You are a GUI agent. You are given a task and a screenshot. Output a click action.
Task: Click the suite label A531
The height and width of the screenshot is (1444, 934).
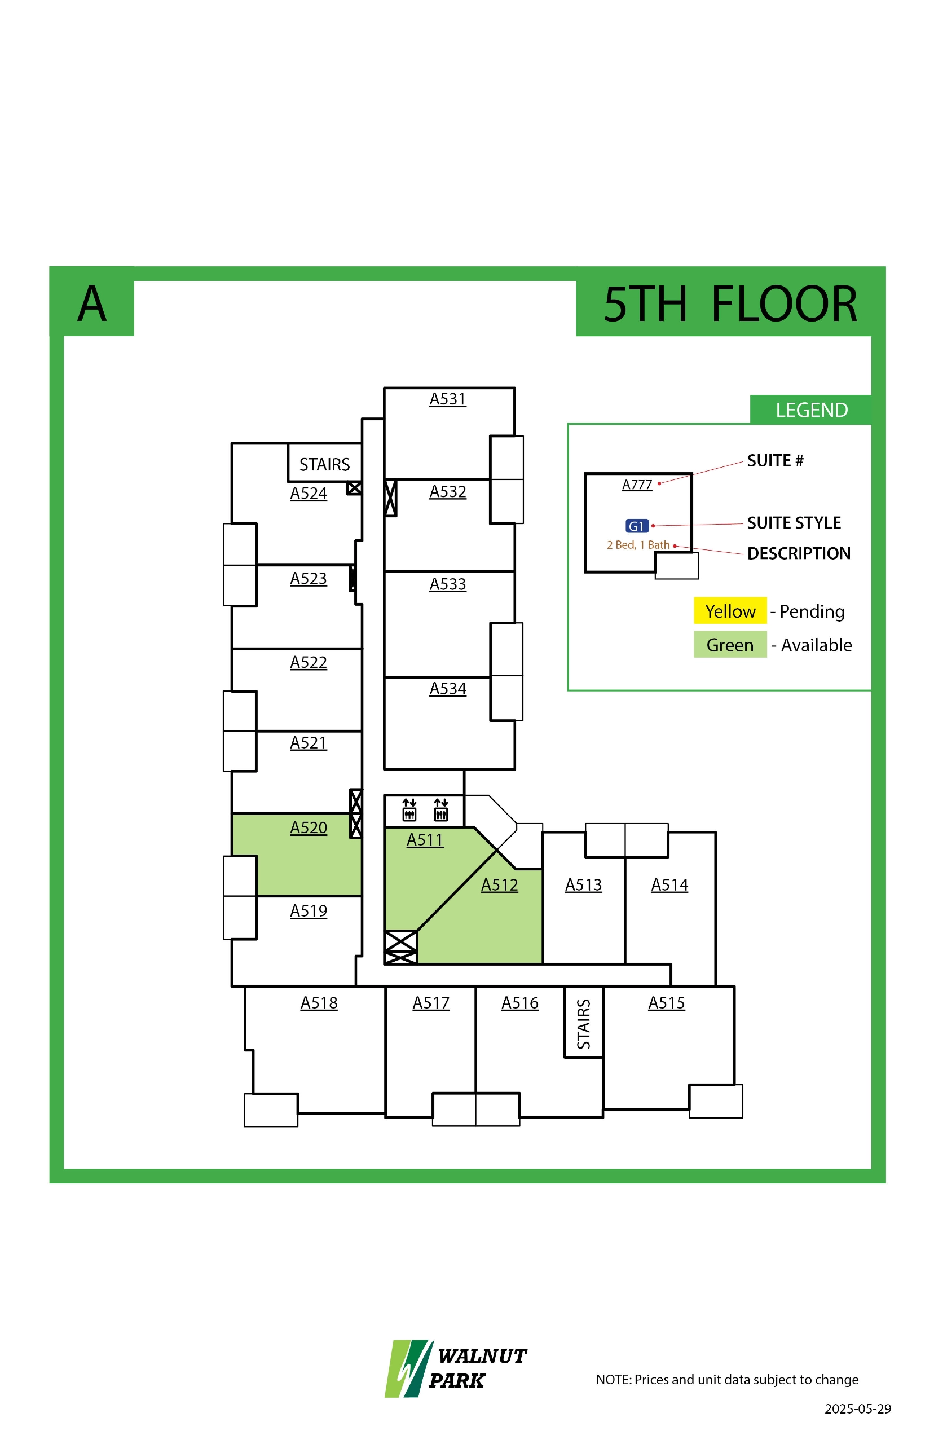(x=448, y=399)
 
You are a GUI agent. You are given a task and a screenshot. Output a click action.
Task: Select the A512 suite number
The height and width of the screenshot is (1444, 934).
(x=499, y=885)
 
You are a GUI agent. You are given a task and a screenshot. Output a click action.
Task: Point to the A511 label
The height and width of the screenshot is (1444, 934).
(x=425, y=840)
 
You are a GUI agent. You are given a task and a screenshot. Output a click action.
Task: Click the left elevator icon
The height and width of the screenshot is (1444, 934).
(x=409, y=809)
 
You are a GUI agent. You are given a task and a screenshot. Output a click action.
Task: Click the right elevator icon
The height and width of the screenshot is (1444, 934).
(x=441, y=809)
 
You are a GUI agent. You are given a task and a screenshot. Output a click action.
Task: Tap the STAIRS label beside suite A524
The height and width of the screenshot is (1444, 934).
(x=324, y=465)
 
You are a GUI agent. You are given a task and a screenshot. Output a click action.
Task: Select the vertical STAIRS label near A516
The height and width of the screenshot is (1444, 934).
(x=583, y=1024)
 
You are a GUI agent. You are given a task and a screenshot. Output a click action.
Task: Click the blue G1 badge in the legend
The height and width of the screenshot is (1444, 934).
(x=637, y=526)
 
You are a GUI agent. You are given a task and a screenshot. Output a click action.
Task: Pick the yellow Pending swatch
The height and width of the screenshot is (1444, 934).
(x=730, y=611)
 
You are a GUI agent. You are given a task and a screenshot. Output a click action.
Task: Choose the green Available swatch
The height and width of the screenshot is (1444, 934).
(x=730, y=645)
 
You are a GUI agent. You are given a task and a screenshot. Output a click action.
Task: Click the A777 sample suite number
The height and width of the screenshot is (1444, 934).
(x=637, y=485)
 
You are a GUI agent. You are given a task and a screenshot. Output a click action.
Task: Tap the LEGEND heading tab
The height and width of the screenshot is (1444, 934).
(x=811, y=410)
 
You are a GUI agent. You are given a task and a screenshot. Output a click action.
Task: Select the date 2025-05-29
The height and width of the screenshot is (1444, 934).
(x=858, y=1409)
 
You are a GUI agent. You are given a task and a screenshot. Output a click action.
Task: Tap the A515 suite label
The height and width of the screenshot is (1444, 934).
(x=667, y=1003)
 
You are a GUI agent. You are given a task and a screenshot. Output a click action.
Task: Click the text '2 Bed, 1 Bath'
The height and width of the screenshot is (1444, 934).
(x=638, y=545)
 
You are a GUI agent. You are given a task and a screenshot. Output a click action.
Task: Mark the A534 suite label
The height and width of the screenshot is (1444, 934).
(x=448, y=689)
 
